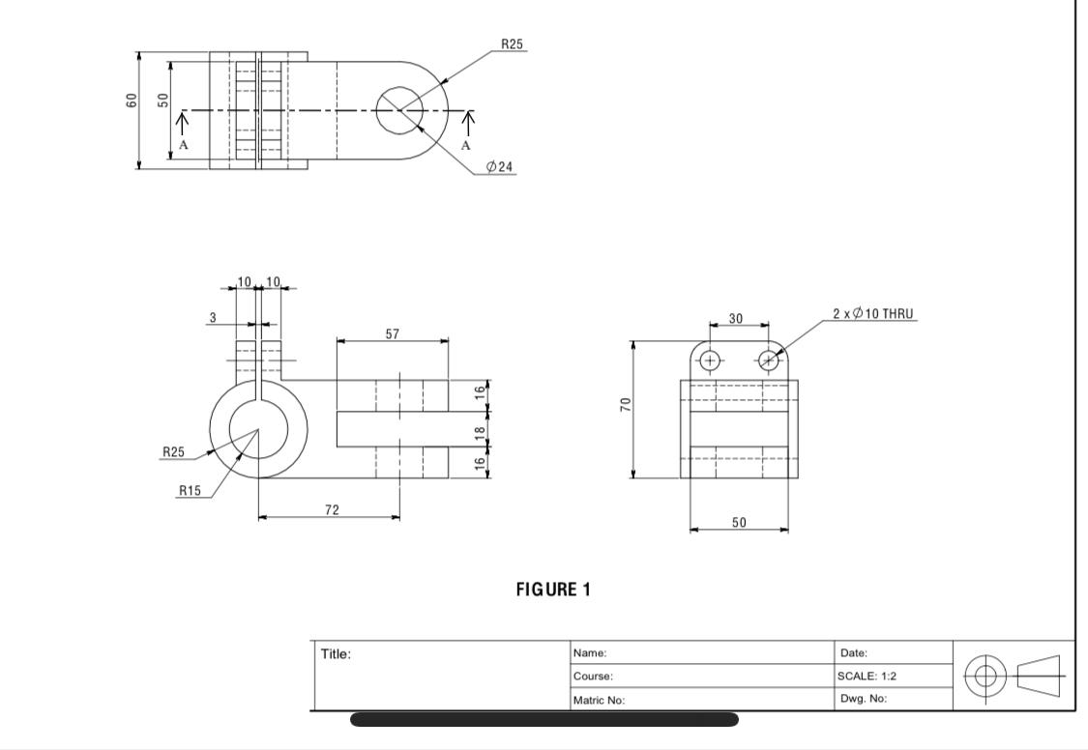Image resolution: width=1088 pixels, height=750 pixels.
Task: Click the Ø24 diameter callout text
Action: coord(500,167)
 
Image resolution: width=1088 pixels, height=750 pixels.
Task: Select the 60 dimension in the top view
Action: coord(132,100)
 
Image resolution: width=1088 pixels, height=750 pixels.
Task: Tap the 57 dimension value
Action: coord(392,333)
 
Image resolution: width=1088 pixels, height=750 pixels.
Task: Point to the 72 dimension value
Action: coord(332,509)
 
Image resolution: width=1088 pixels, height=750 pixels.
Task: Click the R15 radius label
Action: coord(190,490)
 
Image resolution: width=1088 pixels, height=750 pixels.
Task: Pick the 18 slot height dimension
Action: coord(479,432)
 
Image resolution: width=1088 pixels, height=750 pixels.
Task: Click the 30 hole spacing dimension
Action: coord(736,318)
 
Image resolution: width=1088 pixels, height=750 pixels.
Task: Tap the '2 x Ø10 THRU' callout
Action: coord(872,314)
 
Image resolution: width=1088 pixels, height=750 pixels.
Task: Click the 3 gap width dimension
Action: coord(213,317)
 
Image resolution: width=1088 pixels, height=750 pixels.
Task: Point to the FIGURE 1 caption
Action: coord(553,590)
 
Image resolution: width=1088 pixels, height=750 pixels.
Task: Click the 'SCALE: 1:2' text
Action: coord(868,676)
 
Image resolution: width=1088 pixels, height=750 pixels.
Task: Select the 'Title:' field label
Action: coord(336,654)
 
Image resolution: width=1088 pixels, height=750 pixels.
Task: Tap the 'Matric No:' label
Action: coord(599,700)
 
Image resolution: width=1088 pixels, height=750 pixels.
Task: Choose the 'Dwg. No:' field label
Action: coord(864,699)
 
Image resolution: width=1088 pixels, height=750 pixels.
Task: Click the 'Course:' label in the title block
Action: coord(593,677)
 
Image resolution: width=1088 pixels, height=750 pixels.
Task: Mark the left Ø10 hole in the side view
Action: coord(710,361)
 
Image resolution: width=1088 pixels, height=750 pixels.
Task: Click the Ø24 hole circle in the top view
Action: coord(398,110)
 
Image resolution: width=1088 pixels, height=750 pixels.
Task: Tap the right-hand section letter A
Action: coord(465,145)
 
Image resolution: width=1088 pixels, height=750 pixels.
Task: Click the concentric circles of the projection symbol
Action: coord(985,675)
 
